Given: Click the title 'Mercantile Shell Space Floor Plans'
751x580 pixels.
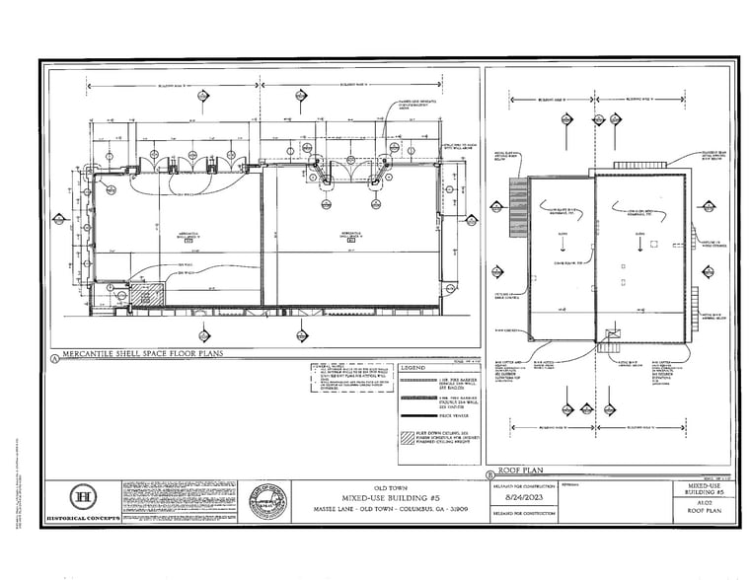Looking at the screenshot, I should [142, 353].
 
